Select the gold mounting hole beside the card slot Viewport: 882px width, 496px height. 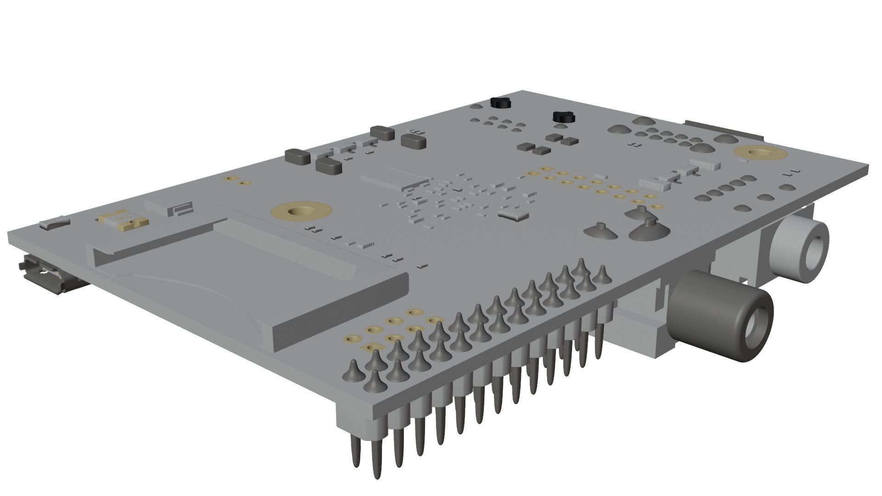tap(301, 212)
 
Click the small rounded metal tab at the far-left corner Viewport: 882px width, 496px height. tap(54, 224)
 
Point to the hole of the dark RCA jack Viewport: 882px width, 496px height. tap(755, 327)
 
